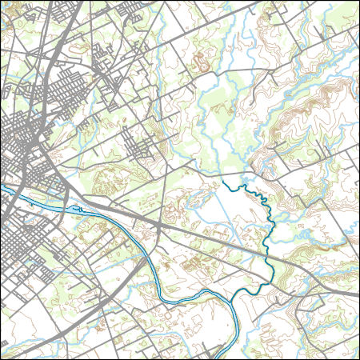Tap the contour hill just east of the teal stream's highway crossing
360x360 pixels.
click(304, 256)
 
